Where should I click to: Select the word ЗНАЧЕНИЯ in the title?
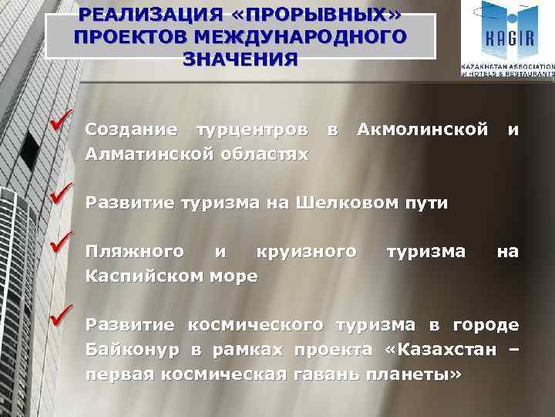239,59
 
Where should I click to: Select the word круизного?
307,251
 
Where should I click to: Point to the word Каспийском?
146,276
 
